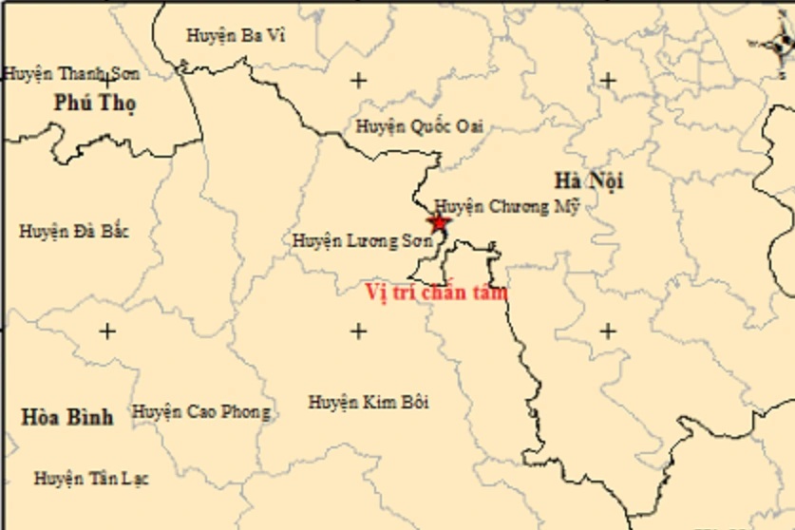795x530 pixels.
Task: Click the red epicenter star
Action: [x=438, y=223]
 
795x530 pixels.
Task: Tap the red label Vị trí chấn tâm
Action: [x=437, y=292]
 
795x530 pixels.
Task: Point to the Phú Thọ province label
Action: [x=95, y=103]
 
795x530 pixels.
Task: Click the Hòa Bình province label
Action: [x=66, y=416]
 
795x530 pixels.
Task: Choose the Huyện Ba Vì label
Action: [x=235, y=35]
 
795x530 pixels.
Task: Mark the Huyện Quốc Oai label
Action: [x=419, y=125]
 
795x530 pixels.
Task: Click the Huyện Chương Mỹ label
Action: [x=506, y=207]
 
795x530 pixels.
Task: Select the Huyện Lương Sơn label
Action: [x=362, y=241]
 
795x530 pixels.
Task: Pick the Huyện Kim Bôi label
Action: [x=369, y=403]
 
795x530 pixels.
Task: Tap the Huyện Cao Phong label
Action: [x=200, y=412]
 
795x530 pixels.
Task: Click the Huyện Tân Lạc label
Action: [x=91, y=478]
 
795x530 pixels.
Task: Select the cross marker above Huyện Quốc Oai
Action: [x=358, y=80]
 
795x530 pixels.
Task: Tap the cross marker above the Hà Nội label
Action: [x=608, y=80]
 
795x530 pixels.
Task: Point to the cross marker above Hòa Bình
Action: [x=107, y=331]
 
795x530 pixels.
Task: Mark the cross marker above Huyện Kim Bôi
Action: [x=358, y=331]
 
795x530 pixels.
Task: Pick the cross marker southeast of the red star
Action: [x=608, y=331]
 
